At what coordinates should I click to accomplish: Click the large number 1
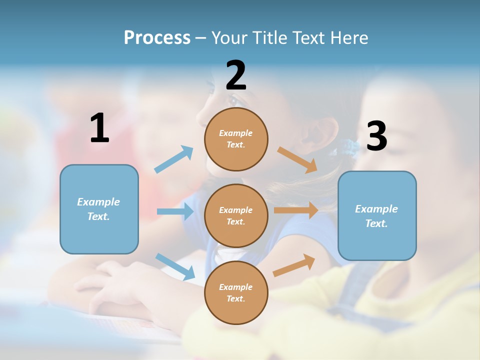tap(99, 128)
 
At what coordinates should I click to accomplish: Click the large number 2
tap(236, 75)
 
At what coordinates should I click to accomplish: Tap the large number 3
tap(376, 136)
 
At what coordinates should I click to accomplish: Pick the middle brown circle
tap(236, 215)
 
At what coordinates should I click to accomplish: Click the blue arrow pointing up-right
tap(174, 159)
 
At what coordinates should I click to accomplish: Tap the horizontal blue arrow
tap(175, 211)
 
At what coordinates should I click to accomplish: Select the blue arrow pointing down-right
tap(175, 266)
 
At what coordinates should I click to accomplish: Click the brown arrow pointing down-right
tap(297, 159)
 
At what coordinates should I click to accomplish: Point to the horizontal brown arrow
tap(296, 210)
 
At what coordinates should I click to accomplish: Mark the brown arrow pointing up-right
tap(294, 265)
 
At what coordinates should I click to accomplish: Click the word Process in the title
tap(157, 37)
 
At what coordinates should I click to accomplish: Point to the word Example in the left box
tap(98, 202)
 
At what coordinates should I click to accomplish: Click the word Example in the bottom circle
tap(235, 287)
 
